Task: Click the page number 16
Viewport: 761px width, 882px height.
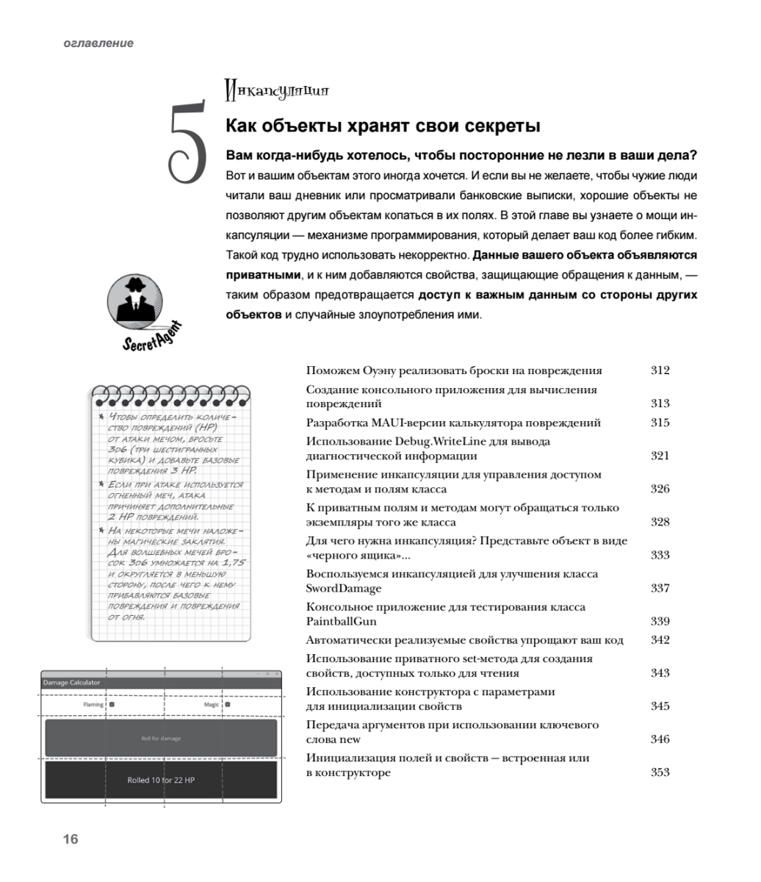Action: (x=71, y=839)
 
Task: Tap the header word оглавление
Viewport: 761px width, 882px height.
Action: (x=98, y=43)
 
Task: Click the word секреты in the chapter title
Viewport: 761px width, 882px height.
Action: (x=504, y=126)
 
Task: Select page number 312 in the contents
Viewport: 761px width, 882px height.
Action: (x=660, y=370)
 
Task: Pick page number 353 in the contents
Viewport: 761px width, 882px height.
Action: (x=660, y=772)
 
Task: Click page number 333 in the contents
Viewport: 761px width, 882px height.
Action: (x=660, y=555)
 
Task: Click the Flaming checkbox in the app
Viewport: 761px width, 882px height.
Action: (x=112, y=705)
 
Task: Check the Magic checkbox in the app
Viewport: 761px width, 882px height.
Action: (x=228, y=705)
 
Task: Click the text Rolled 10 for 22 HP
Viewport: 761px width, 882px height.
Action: (x=161, y=780)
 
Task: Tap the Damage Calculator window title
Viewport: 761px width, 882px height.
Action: (x=71, y=683)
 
